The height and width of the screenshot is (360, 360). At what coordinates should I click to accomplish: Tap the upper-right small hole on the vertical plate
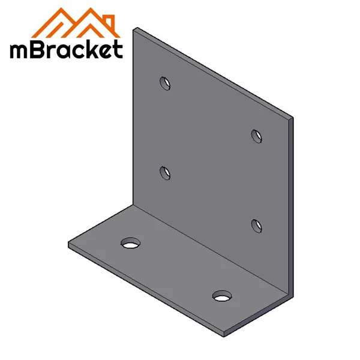(257, 135)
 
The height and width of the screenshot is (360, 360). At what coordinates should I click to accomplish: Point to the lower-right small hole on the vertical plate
(257, 225)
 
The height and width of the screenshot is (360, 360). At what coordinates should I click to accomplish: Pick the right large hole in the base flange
(223, 296)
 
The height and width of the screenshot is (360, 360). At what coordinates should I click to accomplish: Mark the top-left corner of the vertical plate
(135, 28)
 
